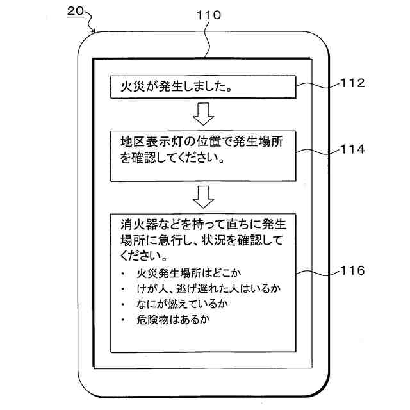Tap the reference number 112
[352, 83]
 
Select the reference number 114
[352, 149]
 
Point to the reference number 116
[352, 271]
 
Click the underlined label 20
[75, 12]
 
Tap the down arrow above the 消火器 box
[202, 197]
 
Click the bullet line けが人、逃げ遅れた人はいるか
[209, 288]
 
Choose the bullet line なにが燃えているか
[183, 303]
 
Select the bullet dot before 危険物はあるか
[122, 319]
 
